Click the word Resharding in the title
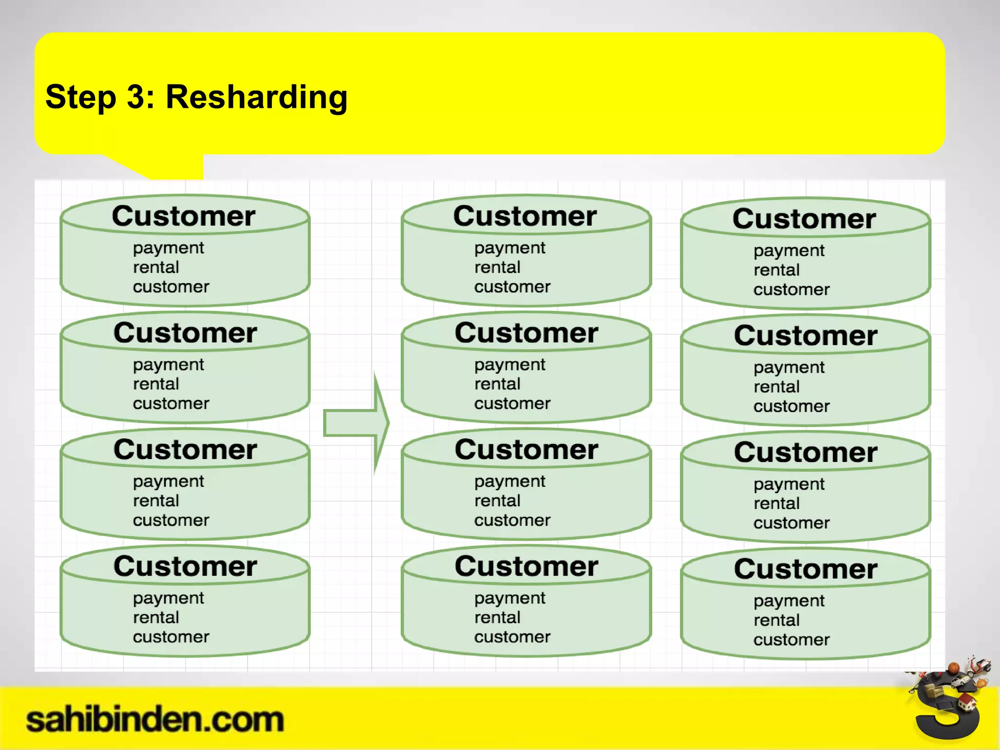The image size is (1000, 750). point(256,97)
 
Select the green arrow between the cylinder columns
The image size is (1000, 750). point(356,423)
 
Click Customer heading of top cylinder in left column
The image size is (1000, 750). point(184,216)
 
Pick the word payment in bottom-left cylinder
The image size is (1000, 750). point(168,598)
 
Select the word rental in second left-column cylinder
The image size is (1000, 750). point(156,384)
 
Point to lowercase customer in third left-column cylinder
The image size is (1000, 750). point(171,521)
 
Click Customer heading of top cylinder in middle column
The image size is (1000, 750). point(525,216)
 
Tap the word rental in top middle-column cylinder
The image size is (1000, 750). point(497,268)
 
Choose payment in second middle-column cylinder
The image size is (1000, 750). point(509,365)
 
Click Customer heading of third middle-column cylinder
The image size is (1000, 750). point(526,449)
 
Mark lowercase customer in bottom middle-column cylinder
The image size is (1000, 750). point(512,637)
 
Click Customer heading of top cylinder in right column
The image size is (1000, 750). point(804,219)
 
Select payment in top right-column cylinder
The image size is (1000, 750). point(789,251)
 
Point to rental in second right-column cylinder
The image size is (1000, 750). point(776,387)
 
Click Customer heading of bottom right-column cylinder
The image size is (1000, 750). point(806,569)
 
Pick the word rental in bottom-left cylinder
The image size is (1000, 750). point(156,618)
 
